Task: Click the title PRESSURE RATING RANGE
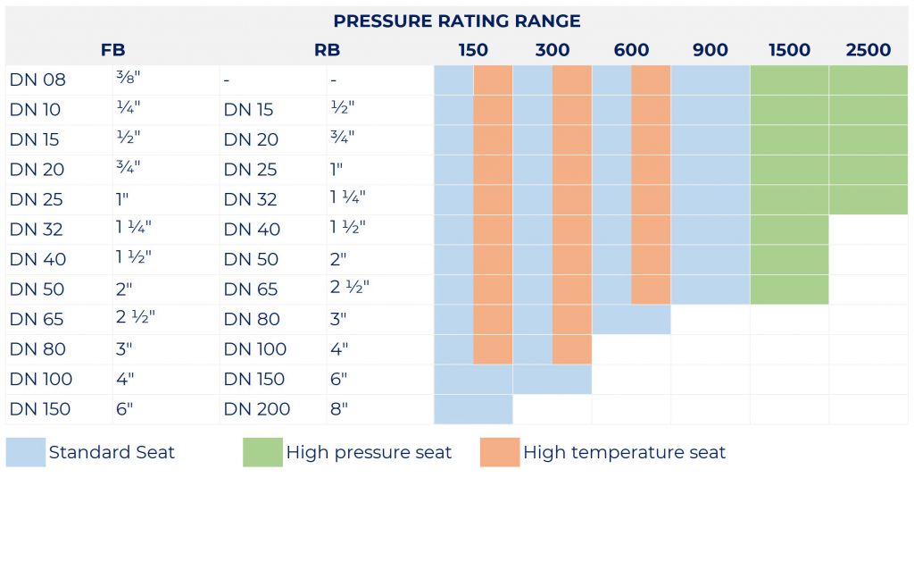[x=456, y=21]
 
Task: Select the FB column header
[x=112, y=50]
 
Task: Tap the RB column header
[x=327, y=50]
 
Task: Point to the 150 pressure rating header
[x=473, y=50]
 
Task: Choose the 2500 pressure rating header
[x=868, y=50]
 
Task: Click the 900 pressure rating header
[x=710, y=50]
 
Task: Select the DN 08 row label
[x=37, y=80]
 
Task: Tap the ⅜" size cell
[x=129, y=77]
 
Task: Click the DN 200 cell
[x=256, y=409]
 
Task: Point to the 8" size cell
[x=338, y=409]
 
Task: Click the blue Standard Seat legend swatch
[x=26, y=452]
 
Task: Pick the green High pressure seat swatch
[x=263, y=452]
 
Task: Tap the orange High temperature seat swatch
[x=500, y=452]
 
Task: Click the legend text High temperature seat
[x=624, y=452]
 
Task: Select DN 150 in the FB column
[x=39, y=409]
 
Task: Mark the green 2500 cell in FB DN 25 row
[x=868, y=199]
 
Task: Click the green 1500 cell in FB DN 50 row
[x=789, y=289]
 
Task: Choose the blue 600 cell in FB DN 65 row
[x=631, y=319]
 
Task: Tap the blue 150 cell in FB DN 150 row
[x=473, y=409]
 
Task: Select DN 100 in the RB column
[x=254, y=349]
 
